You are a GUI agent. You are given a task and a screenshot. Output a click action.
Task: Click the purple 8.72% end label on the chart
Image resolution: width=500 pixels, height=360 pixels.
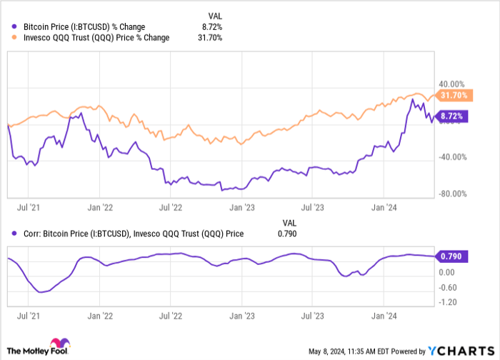pos(451,115)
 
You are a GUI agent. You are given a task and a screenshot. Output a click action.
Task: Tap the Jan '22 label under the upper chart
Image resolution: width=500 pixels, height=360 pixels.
pos(99,209)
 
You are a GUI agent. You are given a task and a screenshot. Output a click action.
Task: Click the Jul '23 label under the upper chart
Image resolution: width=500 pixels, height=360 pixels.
pos(314,209)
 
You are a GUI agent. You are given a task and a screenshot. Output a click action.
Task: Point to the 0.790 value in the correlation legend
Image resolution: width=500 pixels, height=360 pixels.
pos(286,233)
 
